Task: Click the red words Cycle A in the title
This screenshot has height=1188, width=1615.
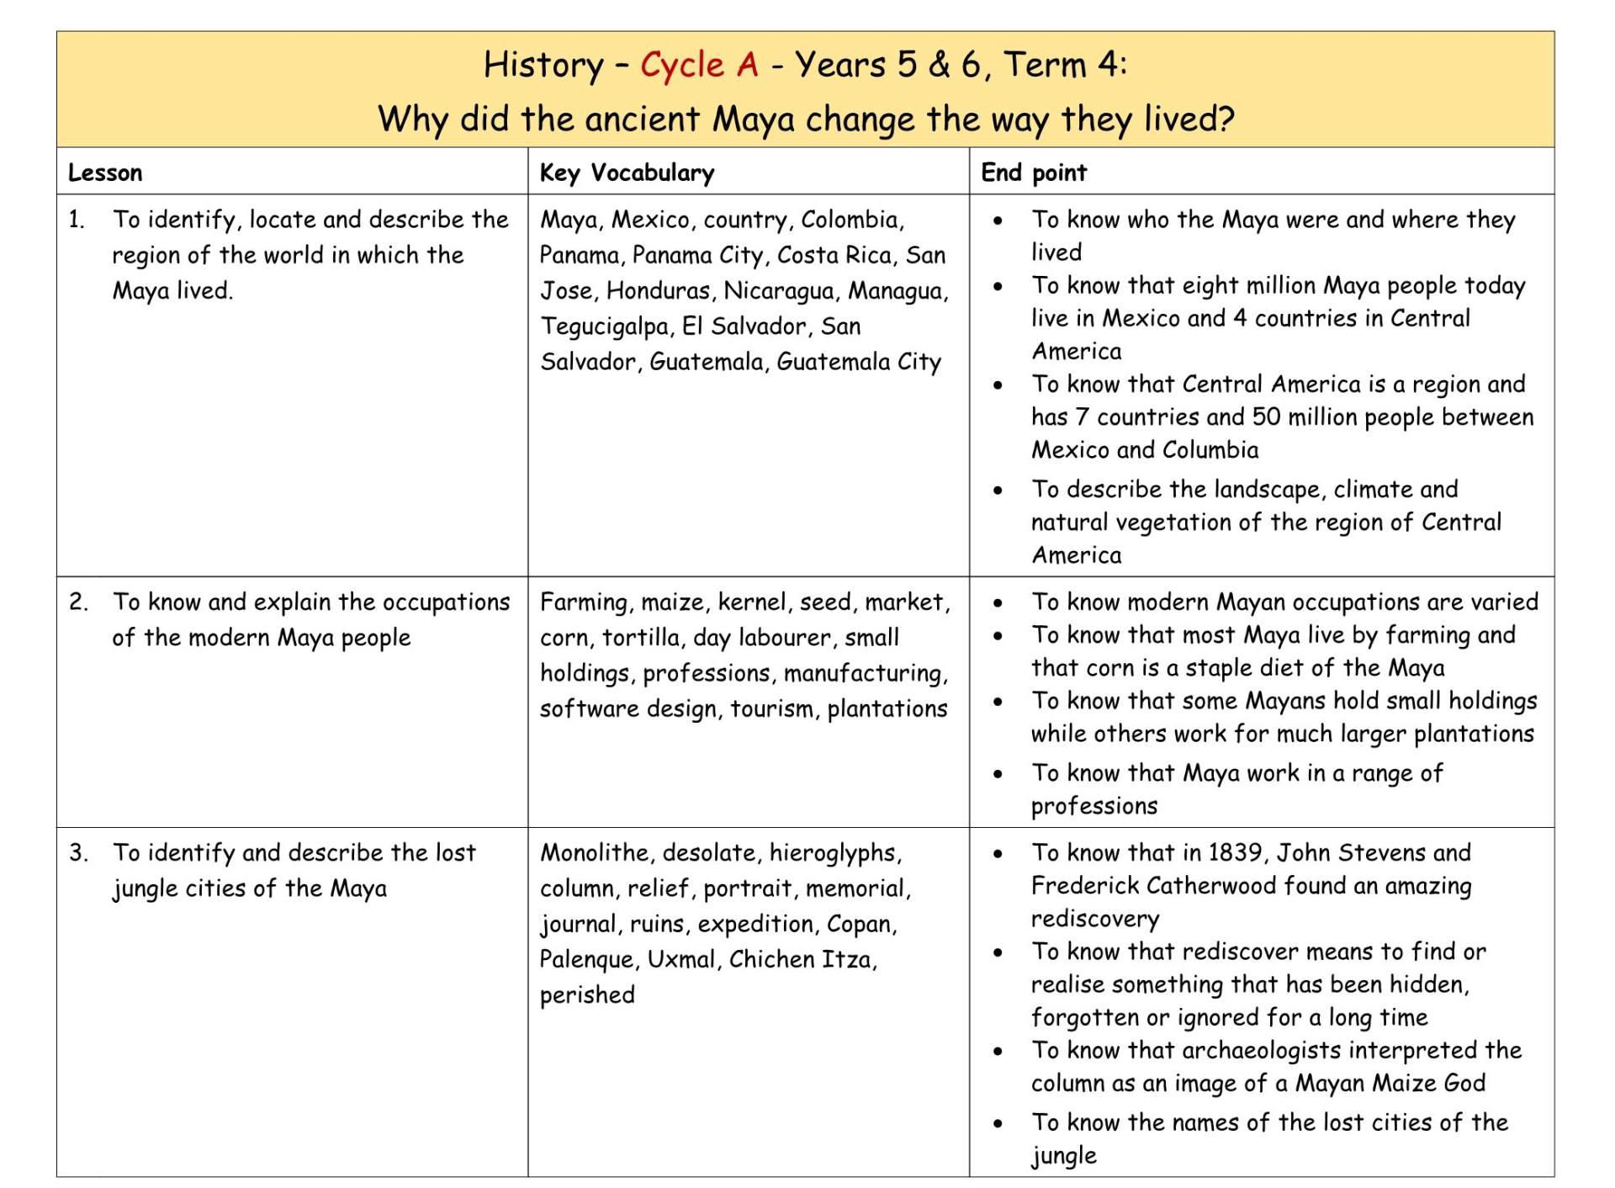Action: pos(699,65)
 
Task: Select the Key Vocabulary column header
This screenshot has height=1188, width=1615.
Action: pos(627,172)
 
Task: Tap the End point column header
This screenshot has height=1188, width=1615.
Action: pos(1033,172)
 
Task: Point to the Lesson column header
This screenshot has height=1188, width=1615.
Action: pos(105,172)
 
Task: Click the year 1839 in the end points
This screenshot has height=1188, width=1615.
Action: pos(1235,853)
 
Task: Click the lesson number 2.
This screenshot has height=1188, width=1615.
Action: pos(78,602)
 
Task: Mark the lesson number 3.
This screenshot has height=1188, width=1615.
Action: pos(78,853)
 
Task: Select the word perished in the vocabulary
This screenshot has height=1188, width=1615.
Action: pos(587,995)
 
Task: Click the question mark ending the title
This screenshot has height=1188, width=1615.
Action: pos(1225,119)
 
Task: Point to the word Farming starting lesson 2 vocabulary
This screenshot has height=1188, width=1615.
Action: pos(584,602)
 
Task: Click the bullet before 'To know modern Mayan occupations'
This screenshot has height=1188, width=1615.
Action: pos(998,603)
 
